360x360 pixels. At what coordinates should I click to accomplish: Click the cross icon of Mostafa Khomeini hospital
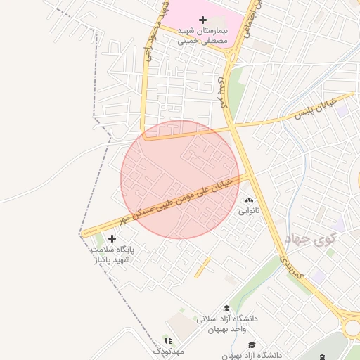pyautogui.click(x=203, y=19)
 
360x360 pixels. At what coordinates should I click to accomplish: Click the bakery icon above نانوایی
pyautogui.click(x=249, y=200)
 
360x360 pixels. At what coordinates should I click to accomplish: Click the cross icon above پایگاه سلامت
pyautogui.click(x=112, y=239)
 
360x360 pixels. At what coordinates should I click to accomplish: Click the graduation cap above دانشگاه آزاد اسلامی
pyautogui.click(x=226, y=308)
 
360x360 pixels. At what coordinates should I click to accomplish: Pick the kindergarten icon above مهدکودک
pyautogui.click(x=167, y=340)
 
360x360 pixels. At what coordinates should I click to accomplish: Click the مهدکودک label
pyautogui.click(x=169, y=350)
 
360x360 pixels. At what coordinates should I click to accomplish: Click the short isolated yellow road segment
pyautogui.click(x=202, y=267)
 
